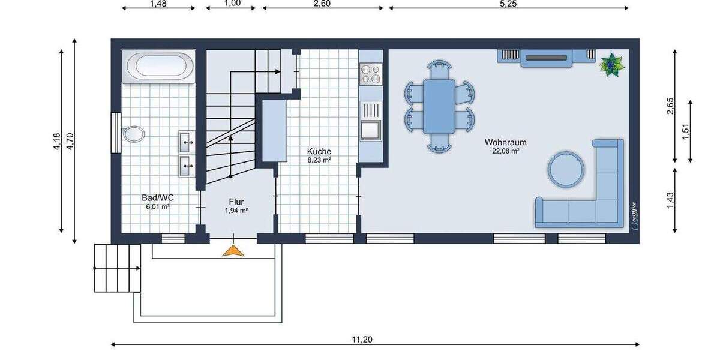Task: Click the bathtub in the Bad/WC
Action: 158,65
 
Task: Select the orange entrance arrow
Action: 233,250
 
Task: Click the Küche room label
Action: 319,152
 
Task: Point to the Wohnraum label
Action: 505,143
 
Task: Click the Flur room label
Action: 236,202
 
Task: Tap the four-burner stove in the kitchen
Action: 371,74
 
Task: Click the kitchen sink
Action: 370,128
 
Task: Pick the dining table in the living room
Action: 439,106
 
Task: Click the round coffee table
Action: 565,167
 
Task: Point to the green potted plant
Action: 612,64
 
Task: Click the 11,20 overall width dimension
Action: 362,340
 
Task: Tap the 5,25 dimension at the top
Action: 508,4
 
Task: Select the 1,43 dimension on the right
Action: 671,199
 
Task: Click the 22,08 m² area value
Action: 505,152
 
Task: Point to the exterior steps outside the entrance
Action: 117,268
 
